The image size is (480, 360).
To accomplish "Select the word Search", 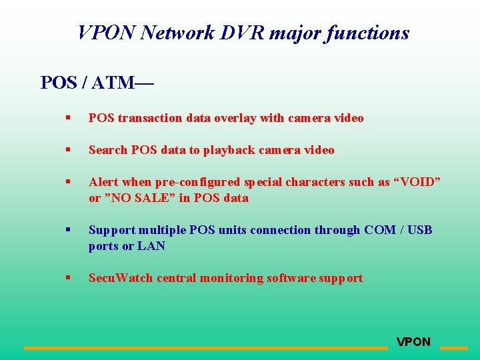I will point(108,150).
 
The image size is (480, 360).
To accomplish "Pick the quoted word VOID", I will point(417,182).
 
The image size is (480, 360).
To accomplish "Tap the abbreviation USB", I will point(419,230).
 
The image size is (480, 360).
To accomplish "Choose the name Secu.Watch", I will point(121,278).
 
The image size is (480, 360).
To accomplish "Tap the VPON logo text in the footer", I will point(413,342).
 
